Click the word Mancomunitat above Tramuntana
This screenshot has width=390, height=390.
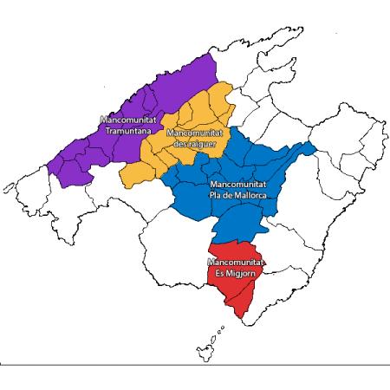[123, 120]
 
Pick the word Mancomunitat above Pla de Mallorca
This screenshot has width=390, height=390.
[237, 186]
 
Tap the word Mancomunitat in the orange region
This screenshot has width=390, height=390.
[192, 132]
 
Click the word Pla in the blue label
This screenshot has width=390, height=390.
[216, 198]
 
